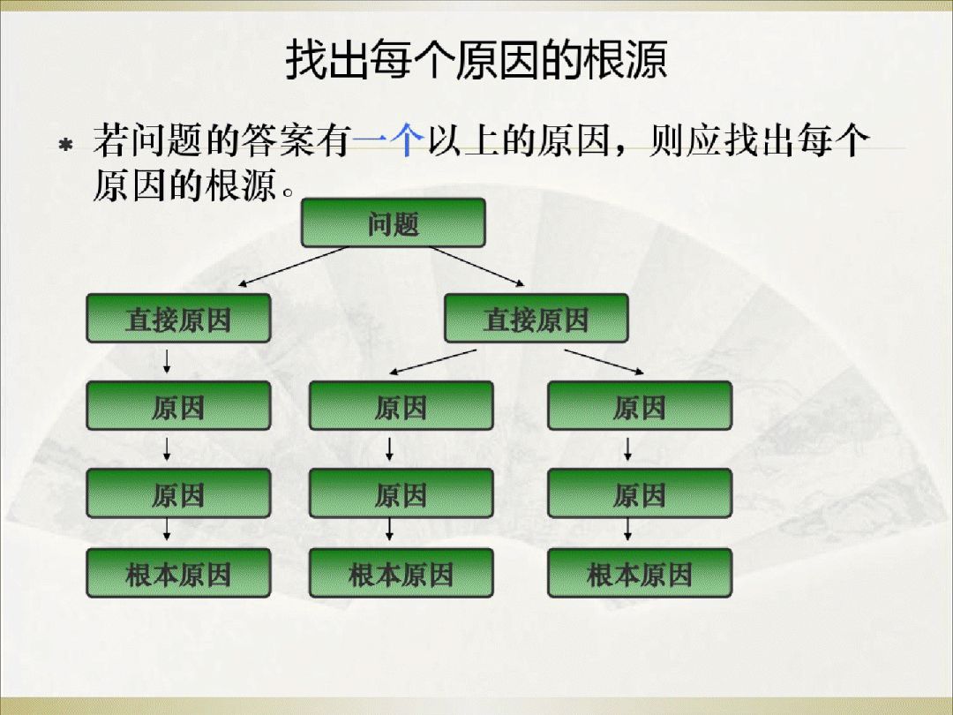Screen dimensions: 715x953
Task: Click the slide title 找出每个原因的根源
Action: (476, 60)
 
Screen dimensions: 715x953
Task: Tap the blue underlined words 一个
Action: (387, 141)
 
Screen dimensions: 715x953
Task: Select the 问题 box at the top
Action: (393, 222)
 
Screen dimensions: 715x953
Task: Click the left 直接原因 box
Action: (177, 319)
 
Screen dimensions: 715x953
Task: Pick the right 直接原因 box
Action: (536, 319)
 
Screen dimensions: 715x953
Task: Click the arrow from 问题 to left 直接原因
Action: (291, 267)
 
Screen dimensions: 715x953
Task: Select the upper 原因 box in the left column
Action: (177, 406)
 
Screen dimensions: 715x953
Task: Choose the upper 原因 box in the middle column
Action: (401, 406)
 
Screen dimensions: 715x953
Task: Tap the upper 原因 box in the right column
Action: (639, 406)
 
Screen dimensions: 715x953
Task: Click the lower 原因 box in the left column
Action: (177, 493)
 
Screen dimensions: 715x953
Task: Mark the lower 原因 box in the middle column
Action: (401, 493)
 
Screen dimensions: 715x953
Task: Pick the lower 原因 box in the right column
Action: (639, 493)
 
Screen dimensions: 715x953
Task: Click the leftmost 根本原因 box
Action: (177, 573)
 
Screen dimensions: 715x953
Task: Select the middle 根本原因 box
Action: (401, 573)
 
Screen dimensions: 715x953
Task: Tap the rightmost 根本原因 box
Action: (639, 573)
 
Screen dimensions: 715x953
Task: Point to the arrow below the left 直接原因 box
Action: (166, 361)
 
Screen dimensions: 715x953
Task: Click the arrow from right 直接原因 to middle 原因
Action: (434, 361)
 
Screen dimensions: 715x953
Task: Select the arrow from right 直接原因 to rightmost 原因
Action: (605, 361)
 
